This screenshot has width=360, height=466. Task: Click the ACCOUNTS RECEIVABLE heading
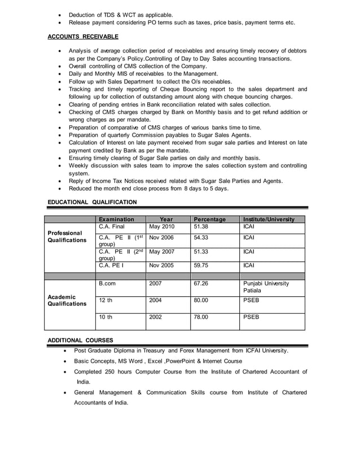(x=83, y=37)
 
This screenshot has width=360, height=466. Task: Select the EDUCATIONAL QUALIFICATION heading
(x=92, y=201)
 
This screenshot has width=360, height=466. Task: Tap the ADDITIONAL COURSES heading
(x=80, y=340)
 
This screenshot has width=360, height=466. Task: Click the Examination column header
(x=116, y=219)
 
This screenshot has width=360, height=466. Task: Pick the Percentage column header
(x=209, y=219)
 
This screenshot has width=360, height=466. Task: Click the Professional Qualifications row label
(x=67, y=236)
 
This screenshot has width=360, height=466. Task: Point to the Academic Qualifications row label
(x=67, y=300)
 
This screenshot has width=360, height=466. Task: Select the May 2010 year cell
(x=162, y=227)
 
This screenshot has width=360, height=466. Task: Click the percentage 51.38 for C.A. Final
(x=201, y=227)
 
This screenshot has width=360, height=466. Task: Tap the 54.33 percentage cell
(x=201, y=238)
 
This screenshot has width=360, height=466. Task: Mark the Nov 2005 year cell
(x=162, y=265)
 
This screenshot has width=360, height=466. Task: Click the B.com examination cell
(x=107, y=284)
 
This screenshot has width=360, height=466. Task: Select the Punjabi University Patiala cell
(x=266, y=287)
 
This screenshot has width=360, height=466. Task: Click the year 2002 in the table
(x=155, y=317)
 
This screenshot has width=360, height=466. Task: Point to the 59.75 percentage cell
(x=201, y=265)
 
